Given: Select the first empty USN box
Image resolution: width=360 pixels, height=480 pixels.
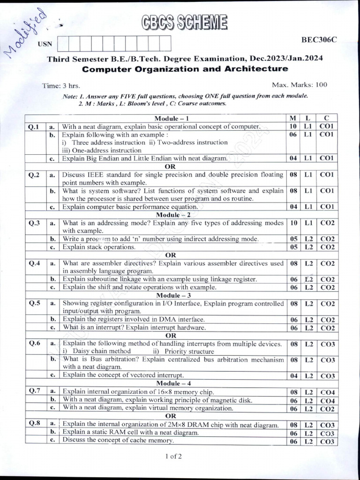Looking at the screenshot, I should pos(63,44).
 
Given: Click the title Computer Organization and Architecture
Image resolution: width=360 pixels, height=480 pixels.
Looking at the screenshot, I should pos(185,69).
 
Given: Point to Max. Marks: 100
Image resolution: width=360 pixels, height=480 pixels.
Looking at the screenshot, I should pos(300,85).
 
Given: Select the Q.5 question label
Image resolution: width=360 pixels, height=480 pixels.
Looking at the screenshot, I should pos(34,303).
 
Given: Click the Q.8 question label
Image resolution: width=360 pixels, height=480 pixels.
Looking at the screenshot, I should pos(34,423).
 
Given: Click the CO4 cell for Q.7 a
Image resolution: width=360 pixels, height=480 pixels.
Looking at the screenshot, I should pos(327,392).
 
